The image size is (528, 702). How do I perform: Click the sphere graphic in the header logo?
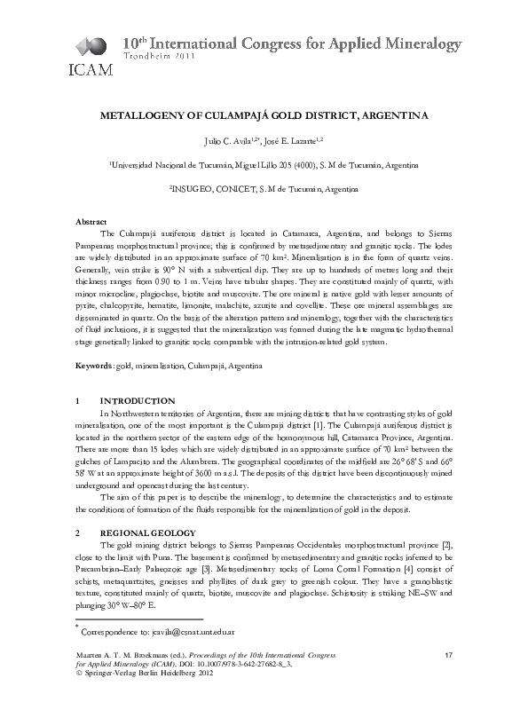[x=89, y=44]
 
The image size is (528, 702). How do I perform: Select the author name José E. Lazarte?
[x=294, y=141]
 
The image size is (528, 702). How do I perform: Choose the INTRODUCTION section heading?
[x=138, y=401]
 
